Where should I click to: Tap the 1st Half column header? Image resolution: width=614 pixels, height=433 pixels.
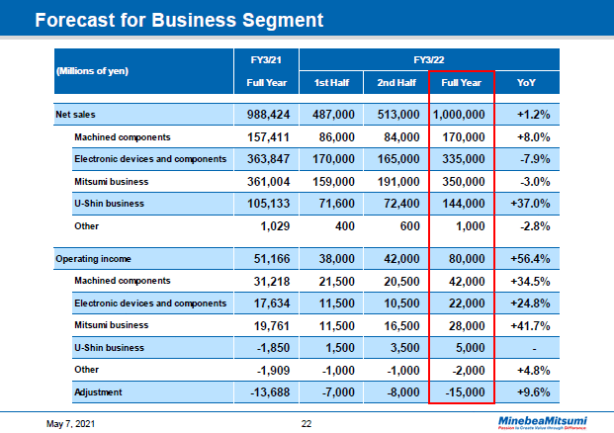330,82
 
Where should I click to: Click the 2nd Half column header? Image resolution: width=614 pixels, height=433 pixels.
395,82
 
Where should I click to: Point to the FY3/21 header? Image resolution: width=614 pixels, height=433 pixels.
266,58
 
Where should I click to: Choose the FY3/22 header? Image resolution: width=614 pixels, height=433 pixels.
427,58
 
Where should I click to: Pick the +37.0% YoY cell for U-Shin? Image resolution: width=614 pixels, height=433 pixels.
528,203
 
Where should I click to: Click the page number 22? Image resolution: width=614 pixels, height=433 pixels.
307,423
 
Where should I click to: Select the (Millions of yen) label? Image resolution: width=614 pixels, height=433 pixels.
93,71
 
